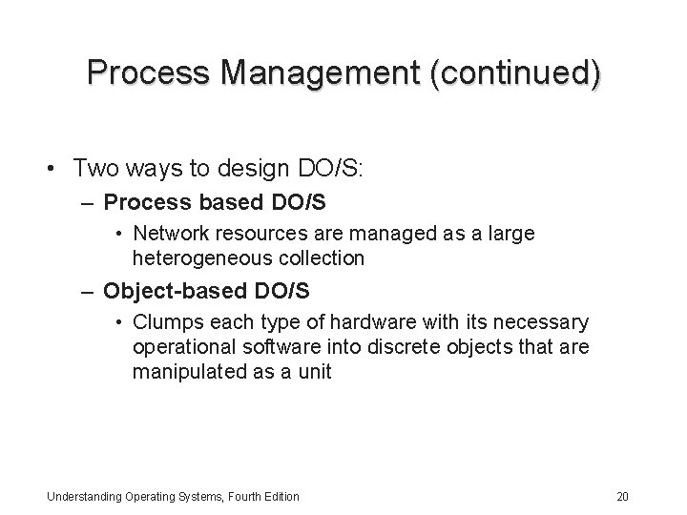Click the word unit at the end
[314, 372]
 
